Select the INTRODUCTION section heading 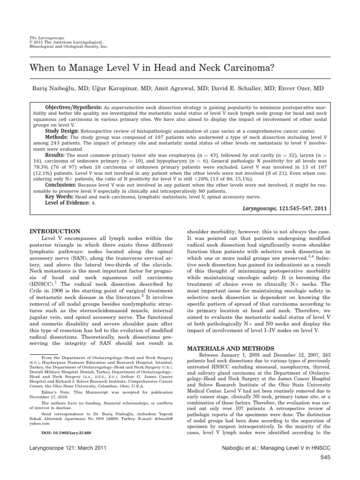coord(55,232)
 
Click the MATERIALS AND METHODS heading coord(225,348)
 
